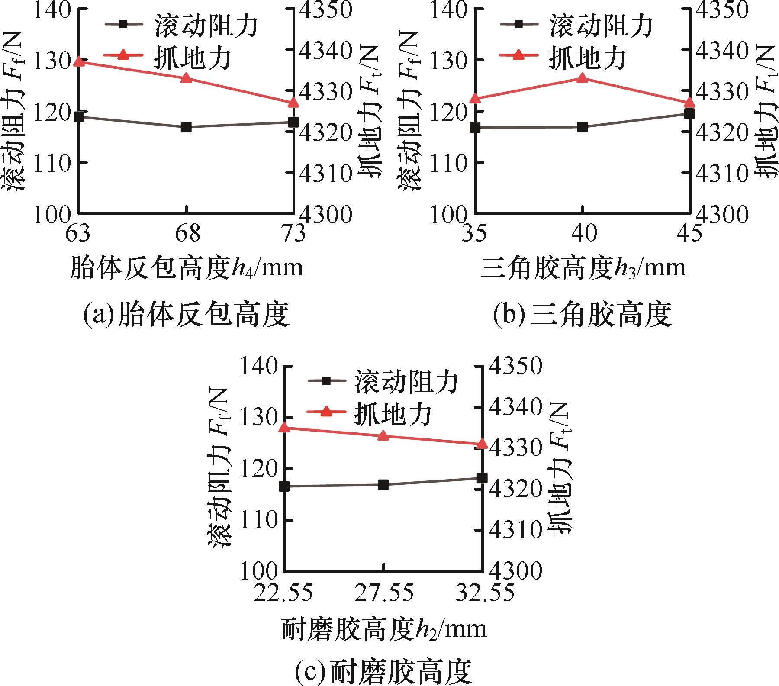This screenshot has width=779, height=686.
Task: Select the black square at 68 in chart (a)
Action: (x=186, y=127)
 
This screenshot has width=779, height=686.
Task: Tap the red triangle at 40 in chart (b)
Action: (x=582, y=78)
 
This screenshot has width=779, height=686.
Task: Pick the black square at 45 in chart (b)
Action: (x=689, y=114)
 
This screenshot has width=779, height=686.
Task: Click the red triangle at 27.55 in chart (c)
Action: (x=383, y=436)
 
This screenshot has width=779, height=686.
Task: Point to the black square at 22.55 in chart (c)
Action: (x=284, y=486)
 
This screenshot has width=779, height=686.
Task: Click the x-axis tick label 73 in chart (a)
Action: (x=293, y=234)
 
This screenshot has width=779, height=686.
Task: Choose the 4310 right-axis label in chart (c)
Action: (x=515, y=530)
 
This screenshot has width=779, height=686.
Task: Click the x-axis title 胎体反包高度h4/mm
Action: (x=187, y=268)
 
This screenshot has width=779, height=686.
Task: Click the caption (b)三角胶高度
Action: (x=582, y=315)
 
